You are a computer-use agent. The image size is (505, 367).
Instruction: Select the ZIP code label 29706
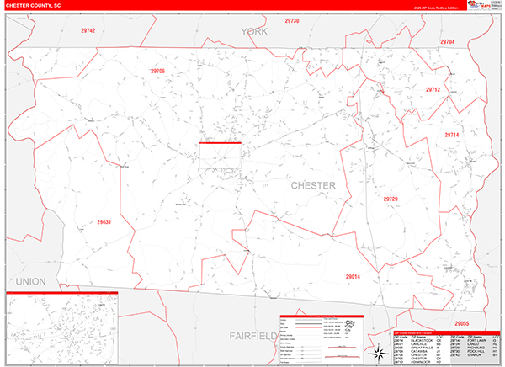157,72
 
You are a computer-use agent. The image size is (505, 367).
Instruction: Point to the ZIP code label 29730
292,20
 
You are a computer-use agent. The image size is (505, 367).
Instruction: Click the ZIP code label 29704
447,41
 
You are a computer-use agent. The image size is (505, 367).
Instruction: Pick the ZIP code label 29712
433,89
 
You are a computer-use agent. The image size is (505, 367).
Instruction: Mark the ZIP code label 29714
452,135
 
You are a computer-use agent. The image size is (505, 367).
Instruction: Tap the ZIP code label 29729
390,199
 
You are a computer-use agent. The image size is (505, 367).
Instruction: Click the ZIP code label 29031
104,223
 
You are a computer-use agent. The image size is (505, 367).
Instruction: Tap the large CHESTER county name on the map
313,185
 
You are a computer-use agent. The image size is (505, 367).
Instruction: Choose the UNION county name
31,279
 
